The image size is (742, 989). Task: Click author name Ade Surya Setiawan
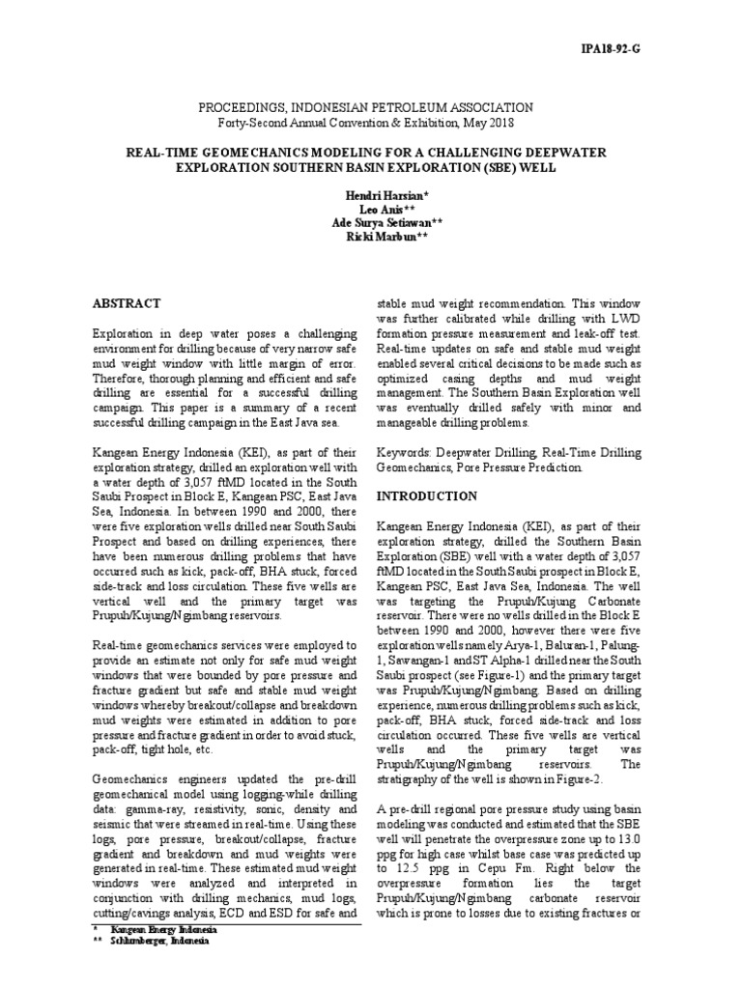point(371,225)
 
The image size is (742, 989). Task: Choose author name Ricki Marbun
point(371,240)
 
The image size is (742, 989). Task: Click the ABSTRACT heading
point(126,303)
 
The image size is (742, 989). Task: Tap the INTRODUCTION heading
point(426,495)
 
